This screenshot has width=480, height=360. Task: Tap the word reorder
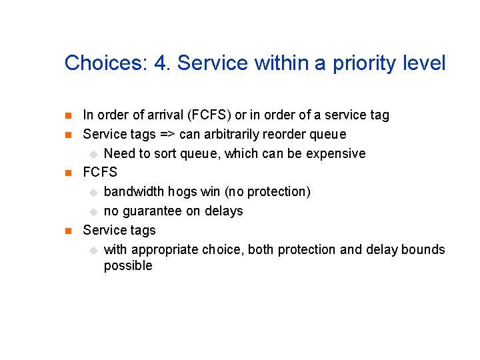pyautogui.click(x=285, y=135)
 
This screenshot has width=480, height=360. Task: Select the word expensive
pyautogui.click(x=336, y=154)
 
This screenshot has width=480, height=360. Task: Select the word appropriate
pyautogui.click(x=163, y=250)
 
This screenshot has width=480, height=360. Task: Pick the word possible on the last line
pyautogui.click(x=128, y=266)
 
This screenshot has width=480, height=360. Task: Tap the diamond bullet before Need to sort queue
pyautogui.click(x=93, y=154)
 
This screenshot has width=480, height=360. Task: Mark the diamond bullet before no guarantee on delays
pyautogui.click(x=93, y=211)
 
